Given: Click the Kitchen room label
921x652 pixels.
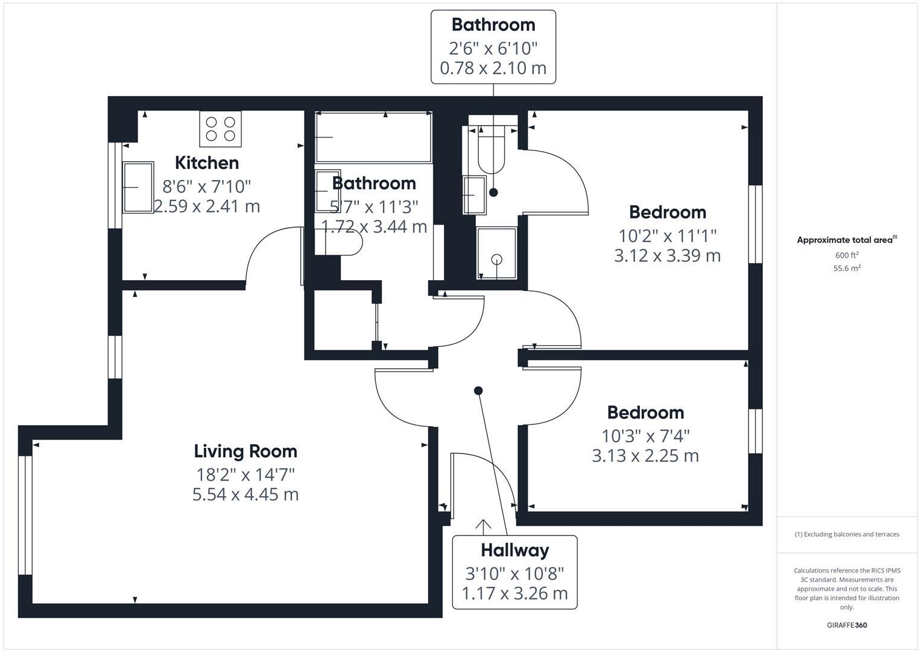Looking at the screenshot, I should pos(207,163).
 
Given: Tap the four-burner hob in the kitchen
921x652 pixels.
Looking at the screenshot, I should pos(220,129).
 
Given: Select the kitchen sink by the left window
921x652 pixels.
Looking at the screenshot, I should pos(138,187).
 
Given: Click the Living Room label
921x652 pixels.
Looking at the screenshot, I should pos(245,452).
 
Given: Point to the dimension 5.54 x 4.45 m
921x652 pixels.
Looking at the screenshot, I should pos(245,494).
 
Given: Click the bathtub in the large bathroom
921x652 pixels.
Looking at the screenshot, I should pos(373,137).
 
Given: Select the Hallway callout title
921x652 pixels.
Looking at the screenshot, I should pos(514,551).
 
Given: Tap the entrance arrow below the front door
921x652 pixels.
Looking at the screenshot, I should pos(483,527).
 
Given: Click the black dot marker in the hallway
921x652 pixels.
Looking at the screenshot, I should pos(478,391).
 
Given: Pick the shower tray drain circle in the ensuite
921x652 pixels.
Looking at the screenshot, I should pos(496,260).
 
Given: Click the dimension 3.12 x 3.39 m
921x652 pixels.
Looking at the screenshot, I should pos(667,256).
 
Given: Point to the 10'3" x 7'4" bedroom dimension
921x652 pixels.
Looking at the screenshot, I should pos(645,435).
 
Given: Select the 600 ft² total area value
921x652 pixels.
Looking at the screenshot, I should pos(846,255).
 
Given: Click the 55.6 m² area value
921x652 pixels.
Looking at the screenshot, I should pos(846,269).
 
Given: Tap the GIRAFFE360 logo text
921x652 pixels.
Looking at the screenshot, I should pos(846,625).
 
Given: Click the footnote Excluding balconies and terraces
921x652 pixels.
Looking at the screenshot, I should pos(846,534).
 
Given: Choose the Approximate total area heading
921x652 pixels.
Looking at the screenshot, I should pos(846,240).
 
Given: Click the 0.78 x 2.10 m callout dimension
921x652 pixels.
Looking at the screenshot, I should pos(493,68).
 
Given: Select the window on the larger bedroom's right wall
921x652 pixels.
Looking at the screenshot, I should pos(755,224).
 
